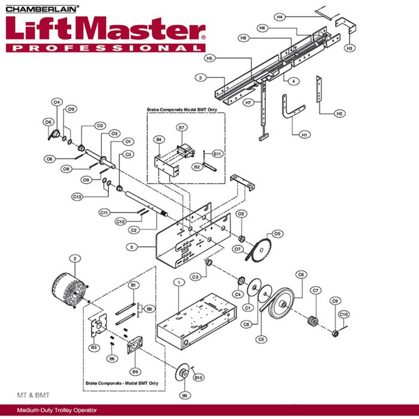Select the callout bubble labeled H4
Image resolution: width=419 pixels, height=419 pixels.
tap(280, 17)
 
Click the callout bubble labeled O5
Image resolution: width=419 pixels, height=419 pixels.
tap(277, 233)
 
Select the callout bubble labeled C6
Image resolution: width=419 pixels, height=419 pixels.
tap(301, 275)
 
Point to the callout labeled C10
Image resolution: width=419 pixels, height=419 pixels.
tap(344, 315)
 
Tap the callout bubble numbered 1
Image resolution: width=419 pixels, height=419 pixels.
tap(178, 281)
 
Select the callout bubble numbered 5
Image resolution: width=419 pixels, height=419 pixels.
tap(133, 247)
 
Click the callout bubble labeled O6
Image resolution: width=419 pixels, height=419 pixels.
tap(48, 122)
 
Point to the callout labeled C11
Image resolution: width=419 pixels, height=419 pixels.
tap(104, 212)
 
